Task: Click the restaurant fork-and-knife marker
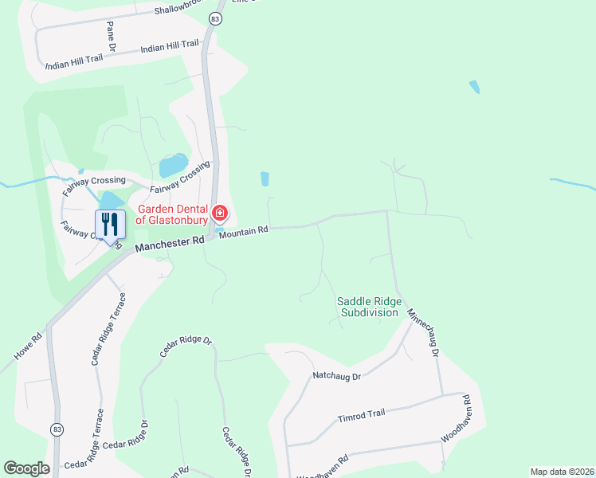coord(110,225)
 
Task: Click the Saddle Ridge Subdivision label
coord(369,307)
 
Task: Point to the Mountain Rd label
coord(243,232)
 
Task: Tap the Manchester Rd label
coord(171,242)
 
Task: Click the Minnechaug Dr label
coord(424,332)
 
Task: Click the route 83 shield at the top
coord(215,18)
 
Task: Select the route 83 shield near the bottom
coord(57,429)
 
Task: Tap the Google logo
coord(26,468)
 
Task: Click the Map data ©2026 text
coord(561,472)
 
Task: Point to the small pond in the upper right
coord(475,87)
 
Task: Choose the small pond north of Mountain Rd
coord(265,179)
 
